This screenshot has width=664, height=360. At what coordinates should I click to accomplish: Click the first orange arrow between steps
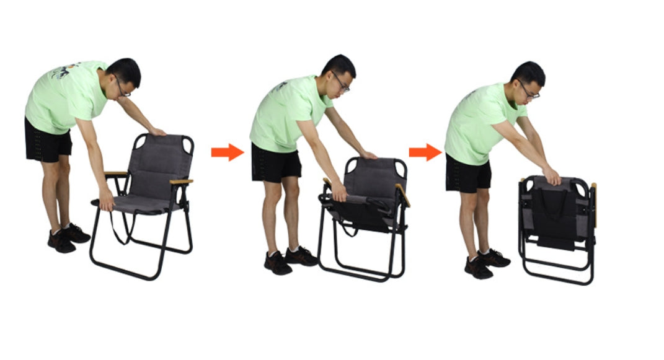227,152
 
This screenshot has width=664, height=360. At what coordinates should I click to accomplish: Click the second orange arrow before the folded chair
425,152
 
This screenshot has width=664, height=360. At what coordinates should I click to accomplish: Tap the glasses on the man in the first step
122,87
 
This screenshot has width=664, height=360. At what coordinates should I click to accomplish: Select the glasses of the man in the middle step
341,83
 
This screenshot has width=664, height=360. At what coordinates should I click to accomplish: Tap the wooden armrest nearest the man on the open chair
115,174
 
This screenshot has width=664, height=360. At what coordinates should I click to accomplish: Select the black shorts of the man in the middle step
275,162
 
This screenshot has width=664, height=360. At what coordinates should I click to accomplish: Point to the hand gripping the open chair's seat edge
107,201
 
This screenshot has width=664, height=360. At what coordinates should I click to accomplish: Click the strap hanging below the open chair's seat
118,229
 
